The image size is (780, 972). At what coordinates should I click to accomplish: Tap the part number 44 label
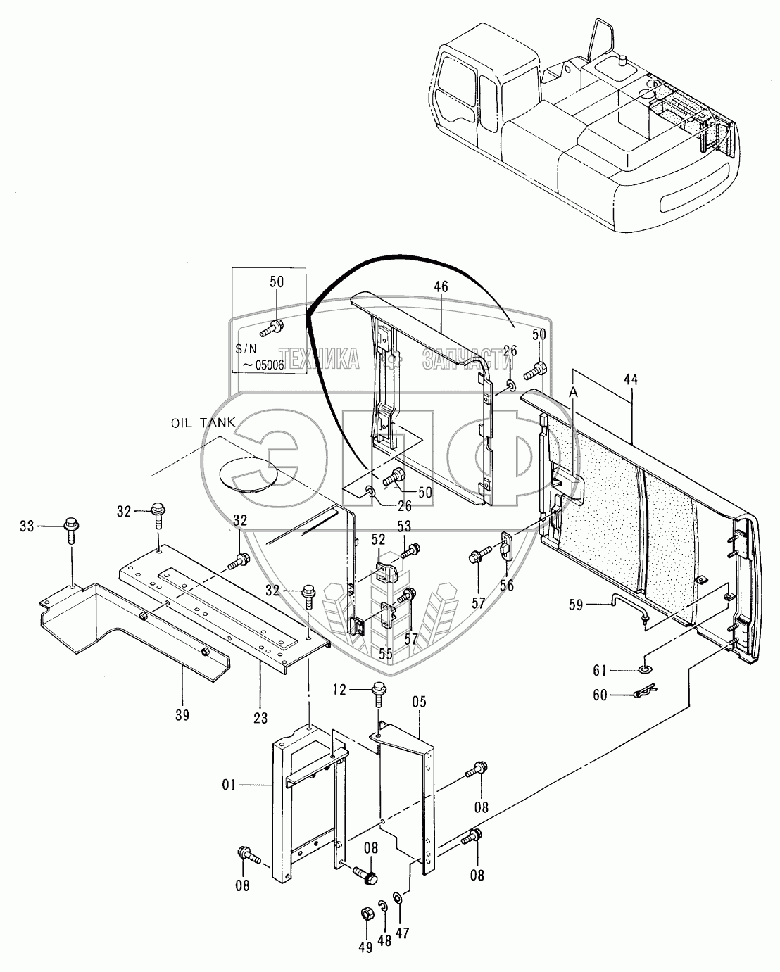(x=631, y=379)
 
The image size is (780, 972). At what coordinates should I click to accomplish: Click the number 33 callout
(x=26, y=525)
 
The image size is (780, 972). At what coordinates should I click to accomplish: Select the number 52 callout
(x=378, y=538)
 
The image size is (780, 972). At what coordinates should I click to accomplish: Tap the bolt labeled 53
(x=412, y=548)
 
